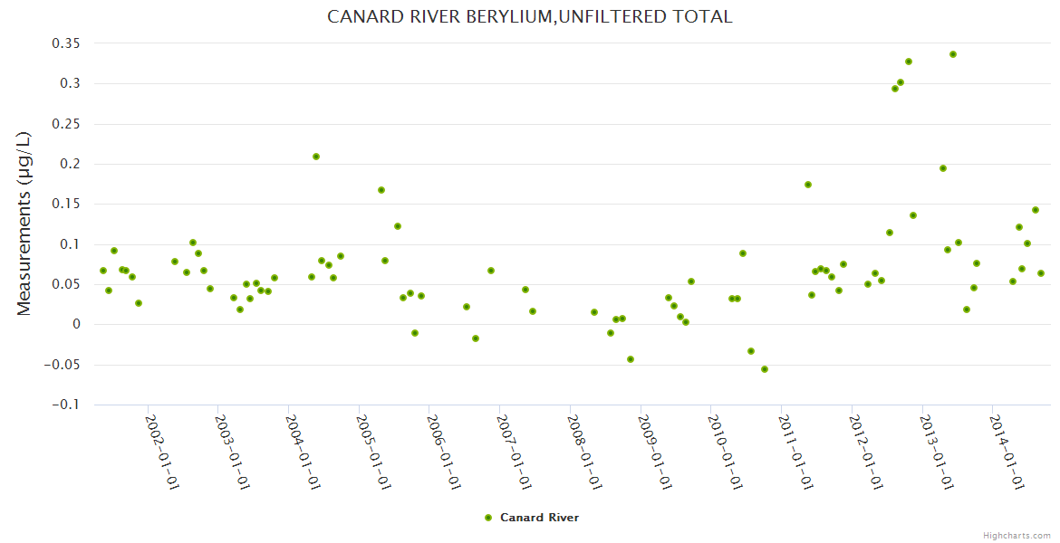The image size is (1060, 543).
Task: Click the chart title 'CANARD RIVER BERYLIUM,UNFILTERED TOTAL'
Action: (529, 17)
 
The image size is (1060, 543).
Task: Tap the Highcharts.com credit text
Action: (1017, 535)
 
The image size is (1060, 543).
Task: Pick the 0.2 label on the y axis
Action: (68, 164)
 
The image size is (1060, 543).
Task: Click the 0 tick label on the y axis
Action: (77, 325)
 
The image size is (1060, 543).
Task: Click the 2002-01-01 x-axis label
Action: (162, 452)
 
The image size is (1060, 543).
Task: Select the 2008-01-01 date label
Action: (584, 452)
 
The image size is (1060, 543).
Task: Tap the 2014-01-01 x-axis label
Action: (1007, 452)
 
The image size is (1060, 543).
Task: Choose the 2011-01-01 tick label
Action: (795, 452)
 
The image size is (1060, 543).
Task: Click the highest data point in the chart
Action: (953, 54)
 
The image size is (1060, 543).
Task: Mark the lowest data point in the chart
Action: (765, 369)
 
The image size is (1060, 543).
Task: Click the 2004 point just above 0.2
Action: (316, 157)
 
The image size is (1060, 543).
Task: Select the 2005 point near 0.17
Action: (381, 190)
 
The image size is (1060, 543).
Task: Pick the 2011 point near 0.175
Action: (808, 185)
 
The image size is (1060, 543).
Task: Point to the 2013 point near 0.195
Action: (943, 168)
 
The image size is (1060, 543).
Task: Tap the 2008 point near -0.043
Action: (631, 359)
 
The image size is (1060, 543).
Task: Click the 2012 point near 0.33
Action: (909, 62)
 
